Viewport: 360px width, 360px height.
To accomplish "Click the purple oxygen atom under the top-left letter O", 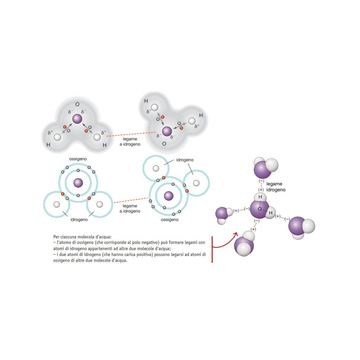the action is tap(77, 119).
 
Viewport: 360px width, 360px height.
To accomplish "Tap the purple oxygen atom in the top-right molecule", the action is tap(167, 131).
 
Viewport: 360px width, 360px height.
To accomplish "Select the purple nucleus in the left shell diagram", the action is tap(78, 183).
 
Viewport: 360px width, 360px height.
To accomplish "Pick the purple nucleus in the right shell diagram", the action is tap(169, 196).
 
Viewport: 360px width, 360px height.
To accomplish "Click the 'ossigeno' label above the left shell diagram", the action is tap(78, 159).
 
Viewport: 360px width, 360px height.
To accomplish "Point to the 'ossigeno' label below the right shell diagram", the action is tap(170, 220).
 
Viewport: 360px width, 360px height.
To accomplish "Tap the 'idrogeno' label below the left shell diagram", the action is tap(79, 220).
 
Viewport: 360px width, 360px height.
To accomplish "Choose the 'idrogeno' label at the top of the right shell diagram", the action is tap(185, 160).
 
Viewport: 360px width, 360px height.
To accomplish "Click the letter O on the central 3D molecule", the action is tap(260, 209).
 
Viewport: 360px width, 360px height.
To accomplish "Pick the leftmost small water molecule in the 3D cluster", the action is tap(222, 215).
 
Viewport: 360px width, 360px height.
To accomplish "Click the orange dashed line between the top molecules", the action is tap(131, 134).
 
